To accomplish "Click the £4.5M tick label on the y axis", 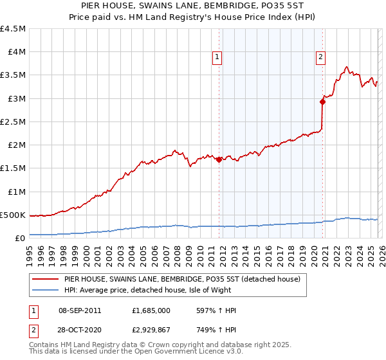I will click(x=14, y=29).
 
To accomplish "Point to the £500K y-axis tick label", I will click(x=14, y=215).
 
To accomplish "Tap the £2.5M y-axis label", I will click(x=14, y=122).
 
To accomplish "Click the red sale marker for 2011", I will click(x=219, y=160).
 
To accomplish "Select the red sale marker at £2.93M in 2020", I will click(x=322, y=102).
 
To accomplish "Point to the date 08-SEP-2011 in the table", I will click(x=80, y=310).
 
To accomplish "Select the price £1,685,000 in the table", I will click(x=150, y=310).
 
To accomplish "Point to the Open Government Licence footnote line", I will click(x=136, y=353).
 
